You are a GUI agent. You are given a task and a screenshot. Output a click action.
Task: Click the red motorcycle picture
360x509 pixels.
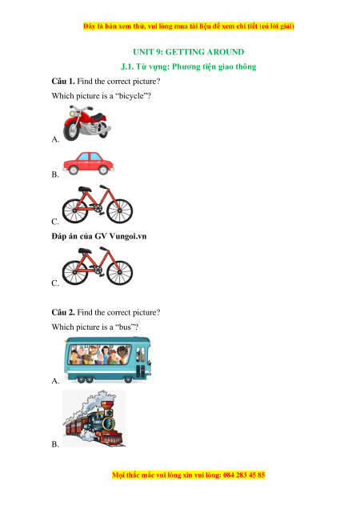pyautogui.click(x=87, y=123)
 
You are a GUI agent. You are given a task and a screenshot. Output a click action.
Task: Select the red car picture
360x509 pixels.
pyautogui.click(x=88, y=163)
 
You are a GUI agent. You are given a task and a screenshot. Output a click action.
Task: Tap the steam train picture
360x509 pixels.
pyautogui.click(x=94, y=419)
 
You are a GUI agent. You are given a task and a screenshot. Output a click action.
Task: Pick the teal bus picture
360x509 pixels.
pyautogui.click(x=108, y=359)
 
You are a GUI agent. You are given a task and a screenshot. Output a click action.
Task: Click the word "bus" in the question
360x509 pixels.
pyautogui.click(x=125, y=327)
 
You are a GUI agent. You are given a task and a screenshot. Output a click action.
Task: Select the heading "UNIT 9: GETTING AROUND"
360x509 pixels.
pyautogui.click(x=189, y=52)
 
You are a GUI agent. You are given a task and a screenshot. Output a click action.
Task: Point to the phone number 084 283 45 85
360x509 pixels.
pyautogui.click(x=244, y=475)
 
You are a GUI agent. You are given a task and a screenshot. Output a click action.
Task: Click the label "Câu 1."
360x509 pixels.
pyautogui.click(x=63, y=81)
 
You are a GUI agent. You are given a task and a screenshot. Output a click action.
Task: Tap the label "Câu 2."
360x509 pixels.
pyautogui.click(x=63, y=312)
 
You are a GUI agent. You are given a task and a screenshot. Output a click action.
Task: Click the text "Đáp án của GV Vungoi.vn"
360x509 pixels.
pyautogui.click(x=99, y=236)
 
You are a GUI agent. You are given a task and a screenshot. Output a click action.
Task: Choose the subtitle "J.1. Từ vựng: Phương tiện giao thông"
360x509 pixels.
pyautogui.click(x=189, y=66)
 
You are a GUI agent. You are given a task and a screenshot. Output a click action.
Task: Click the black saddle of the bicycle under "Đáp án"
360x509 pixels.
pyautogui.click(x=85, y=250)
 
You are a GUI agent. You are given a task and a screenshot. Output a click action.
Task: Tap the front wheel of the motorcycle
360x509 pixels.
pyautogui.click(x=71, y=131)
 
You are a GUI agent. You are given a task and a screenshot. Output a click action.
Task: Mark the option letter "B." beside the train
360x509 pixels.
pyautogui.click(x=55, y=444)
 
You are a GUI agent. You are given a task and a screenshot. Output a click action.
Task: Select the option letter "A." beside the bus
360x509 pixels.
pyautogui.click(x=55, y=381)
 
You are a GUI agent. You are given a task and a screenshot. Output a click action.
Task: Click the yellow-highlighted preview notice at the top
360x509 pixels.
pyautogui.click(x=189, y=26)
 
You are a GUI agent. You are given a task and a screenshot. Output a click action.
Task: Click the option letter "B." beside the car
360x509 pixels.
pyautogui.click(x=55, y=174)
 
